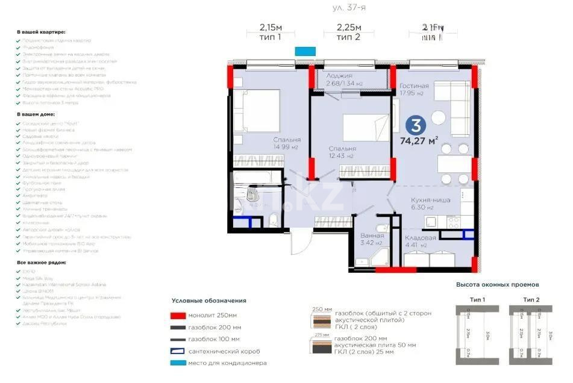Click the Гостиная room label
414,87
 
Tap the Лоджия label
340,76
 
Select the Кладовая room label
419,238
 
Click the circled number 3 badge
415,125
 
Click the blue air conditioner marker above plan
305,51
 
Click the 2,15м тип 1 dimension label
271,31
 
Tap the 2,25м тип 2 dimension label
348,31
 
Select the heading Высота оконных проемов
497,284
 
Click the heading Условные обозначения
208,300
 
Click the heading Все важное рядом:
42,263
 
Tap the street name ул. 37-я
349,8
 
